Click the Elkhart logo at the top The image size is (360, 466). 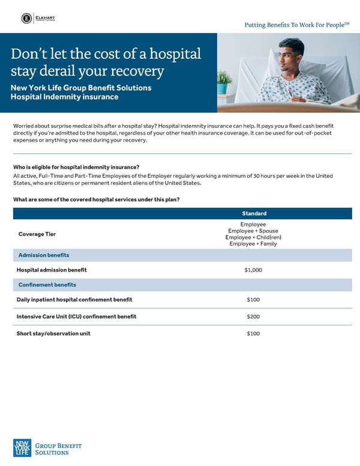(37, 18)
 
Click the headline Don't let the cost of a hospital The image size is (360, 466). (105, 54)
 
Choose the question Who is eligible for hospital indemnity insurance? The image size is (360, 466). (76, 167)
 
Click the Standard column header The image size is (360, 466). (254, 213)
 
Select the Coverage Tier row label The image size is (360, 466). (37, 234)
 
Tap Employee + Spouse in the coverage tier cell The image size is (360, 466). (253, 231)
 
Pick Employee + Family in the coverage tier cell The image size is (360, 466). (253, 244)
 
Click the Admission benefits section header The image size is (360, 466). (44, 255)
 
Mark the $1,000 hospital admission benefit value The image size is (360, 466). (253, 270)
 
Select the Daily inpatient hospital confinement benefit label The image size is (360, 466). (74, 299)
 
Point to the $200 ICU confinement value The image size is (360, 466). (253, 316)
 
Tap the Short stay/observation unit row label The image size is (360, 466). (53, 333)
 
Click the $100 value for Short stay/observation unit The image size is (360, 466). (253, 333)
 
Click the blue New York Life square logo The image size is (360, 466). (22, 448)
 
